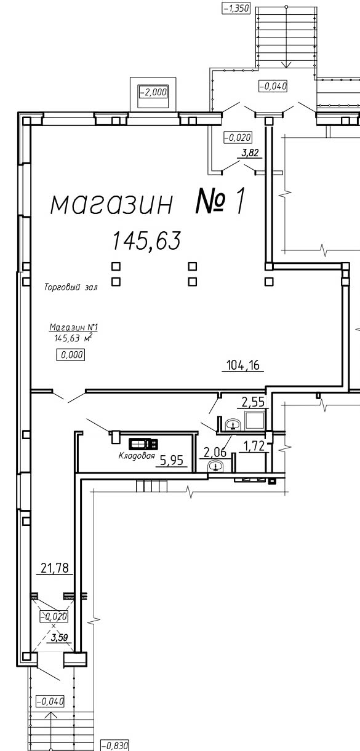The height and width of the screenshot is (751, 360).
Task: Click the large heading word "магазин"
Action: pyautogui.click(x=112, y=205)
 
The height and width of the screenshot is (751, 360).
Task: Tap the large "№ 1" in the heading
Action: pyautogui.click(x=220, y=201)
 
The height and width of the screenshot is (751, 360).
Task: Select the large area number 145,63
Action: pyautogui.click(x=146, y=240)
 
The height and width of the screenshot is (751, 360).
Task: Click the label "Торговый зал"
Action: pyautogui.click(x=71, y=287)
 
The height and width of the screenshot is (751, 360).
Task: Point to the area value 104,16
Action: pyautogui.click(x=243, y=365)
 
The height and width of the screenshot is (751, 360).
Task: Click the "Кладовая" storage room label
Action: pyautogui.click(x=137, y=456)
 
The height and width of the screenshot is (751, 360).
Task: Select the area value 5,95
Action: pyautogui.click(x=172, y=460)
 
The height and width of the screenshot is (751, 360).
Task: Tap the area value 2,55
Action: pyautogui.click(x=253, y=402)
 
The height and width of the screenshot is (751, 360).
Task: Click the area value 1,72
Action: pyautogui.click(x=254, y=446)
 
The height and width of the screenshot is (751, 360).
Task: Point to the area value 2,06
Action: pyautogui.click(x=215, y=453)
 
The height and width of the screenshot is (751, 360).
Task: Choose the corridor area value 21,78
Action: pyautogui.click(x=54, y=568)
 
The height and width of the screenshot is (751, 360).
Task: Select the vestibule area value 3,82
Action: pyautogui.click(x=250, y=153)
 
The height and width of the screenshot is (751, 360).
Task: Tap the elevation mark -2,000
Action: pyautogui.click(x=153, y=92)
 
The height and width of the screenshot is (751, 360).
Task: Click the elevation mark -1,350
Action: pyautogui.click(x=236, y=8)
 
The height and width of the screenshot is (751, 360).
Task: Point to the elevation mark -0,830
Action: pyautogui.click(x=114, y=745)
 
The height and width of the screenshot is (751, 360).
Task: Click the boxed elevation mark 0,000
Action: pyautogui.click(x=70, y=355)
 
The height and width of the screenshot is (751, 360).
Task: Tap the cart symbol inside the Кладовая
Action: pyautogui.click(x=143, y=444)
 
